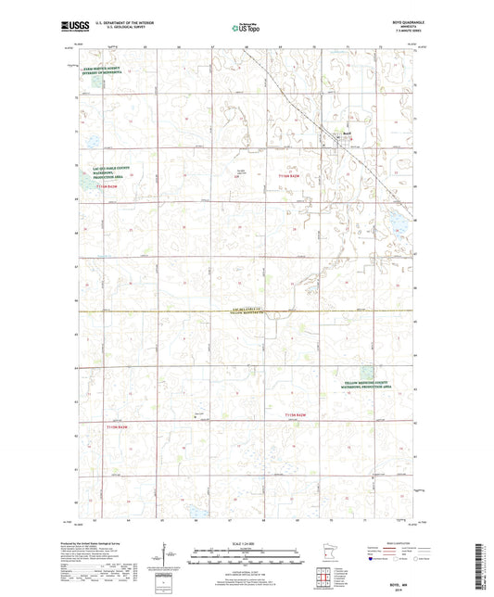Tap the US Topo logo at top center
coord(246,29)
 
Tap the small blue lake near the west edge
coord(93,142)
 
